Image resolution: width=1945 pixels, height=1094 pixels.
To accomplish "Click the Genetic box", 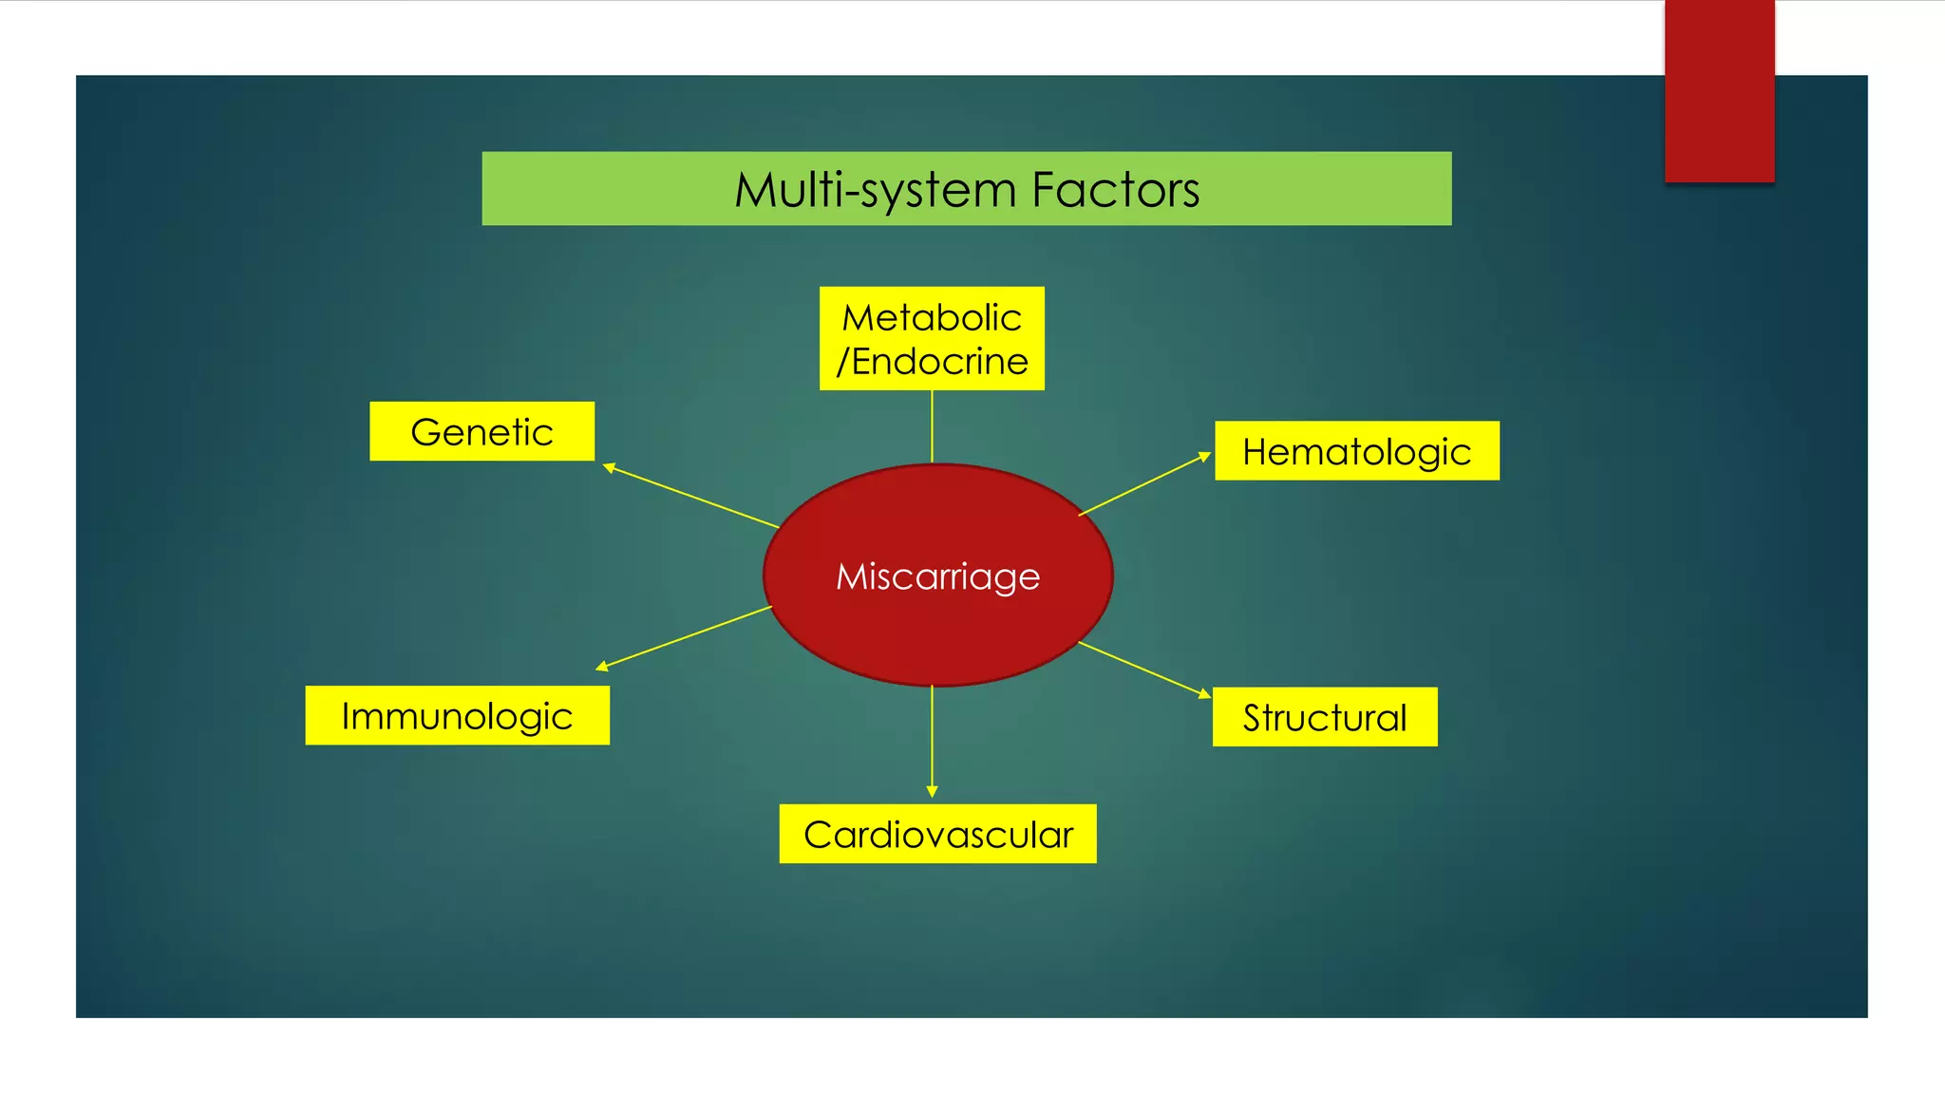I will (482, 431).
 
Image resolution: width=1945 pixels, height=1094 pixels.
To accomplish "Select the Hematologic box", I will (1356, 451).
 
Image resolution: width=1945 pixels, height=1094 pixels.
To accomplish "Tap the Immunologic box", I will (457, 715).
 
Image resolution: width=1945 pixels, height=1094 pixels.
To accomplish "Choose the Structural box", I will (1324, 717).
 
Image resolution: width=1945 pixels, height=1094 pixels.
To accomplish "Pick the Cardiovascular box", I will (937, 834).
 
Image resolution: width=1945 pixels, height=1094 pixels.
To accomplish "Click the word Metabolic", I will (932, 317).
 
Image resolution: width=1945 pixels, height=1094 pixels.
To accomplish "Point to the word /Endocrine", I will (932, 362).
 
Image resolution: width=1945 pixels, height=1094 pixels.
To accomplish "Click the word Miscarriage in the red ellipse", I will (937, 576).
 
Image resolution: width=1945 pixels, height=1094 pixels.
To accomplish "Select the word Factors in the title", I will (1115, 189).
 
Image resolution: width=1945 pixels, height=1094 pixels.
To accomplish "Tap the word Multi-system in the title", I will (875, 189).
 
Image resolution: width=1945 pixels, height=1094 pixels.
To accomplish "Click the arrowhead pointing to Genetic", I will (610, 467).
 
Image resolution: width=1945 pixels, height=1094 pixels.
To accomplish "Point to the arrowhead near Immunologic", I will (602, 667).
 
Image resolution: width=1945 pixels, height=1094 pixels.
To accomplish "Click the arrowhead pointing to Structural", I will (1204, 694).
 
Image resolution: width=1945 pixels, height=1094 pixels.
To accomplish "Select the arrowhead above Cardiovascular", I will (932, 791).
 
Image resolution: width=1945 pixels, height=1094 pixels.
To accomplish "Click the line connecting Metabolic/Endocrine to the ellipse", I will (932, 427).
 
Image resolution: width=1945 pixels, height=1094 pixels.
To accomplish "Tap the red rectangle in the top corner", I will (1719, 90).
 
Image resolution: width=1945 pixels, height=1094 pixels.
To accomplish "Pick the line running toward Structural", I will (1140, 668).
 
